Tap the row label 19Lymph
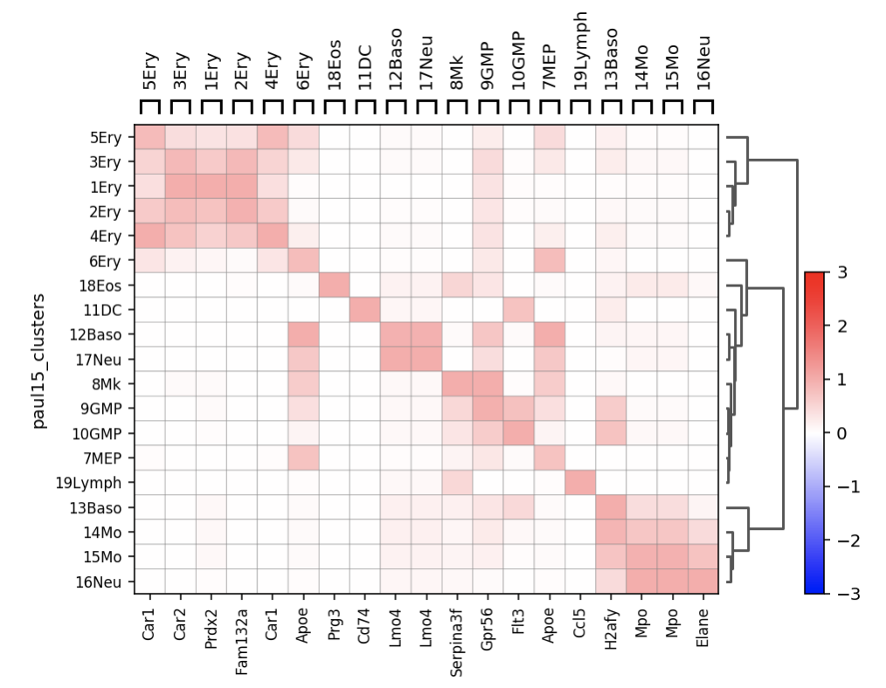pos(98,483)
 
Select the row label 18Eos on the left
pos(106,286)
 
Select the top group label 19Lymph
pos(580,50)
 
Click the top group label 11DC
pos(364,65)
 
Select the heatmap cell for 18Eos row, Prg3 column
pos(333,286)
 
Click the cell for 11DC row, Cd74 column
pos(364,310)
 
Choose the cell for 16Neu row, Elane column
pos(703,581)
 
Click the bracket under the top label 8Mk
pos(456,107)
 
